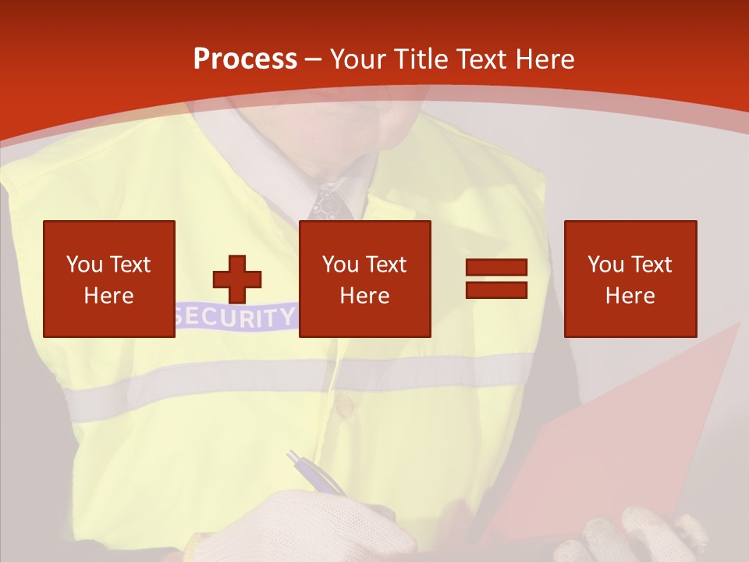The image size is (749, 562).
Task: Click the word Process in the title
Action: [x=245, y=59]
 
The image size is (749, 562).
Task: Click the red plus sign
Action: [x=237, y=279]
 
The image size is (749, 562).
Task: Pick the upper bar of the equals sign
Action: [x=496, y=268]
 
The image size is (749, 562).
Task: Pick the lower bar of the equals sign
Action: [x=496, y=290]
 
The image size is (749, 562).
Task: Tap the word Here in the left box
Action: [x=108, y=296]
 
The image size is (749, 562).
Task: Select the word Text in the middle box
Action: [x=385, y=265]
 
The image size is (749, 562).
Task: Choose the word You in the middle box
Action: [x=341, y=265]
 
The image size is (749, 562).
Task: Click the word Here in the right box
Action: [x=630, y=296]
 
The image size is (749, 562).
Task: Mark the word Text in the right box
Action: [x=651, y=265]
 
